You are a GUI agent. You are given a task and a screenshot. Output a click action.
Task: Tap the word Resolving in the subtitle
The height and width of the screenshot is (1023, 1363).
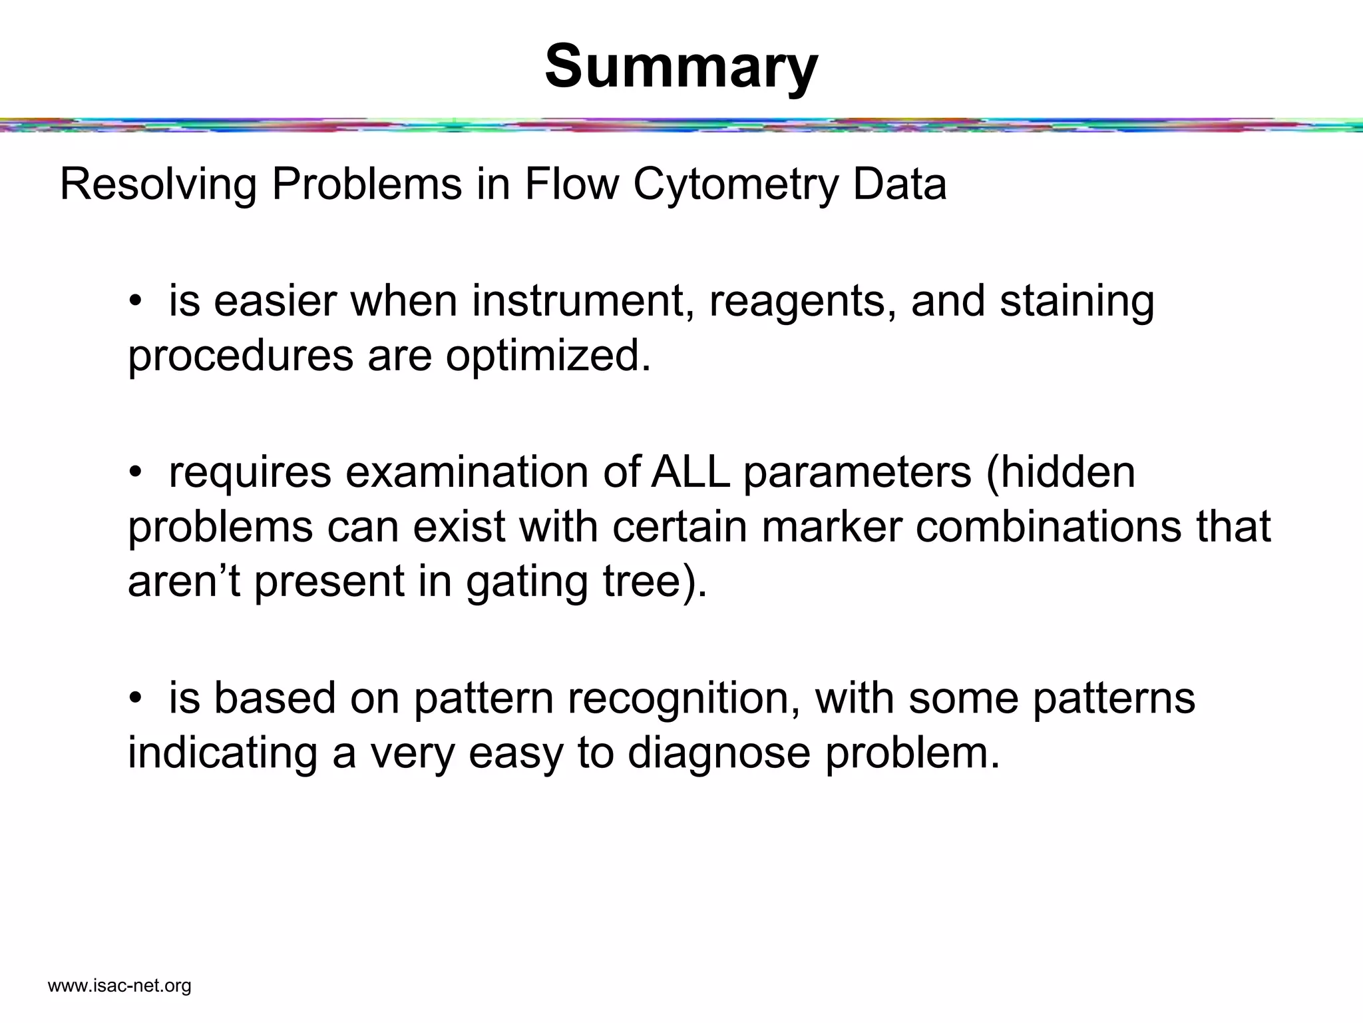click(158, 185)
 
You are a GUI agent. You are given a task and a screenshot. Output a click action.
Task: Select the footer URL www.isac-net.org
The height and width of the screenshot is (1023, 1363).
click(120, 986)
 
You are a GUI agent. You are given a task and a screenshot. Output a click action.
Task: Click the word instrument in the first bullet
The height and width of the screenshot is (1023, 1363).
click(578, 301)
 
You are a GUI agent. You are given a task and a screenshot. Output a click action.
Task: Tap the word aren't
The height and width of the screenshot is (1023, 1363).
click(184, 581)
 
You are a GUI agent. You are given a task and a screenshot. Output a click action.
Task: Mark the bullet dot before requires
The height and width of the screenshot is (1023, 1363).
click(136, 473)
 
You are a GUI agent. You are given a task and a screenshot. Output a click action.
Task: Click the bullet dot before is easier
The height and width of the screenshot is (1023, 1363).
click(136, 302)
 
